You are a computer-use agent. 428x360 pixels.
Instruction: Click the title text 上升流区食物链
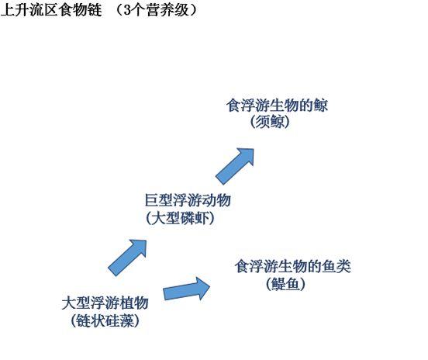pyautogui.click(x=51, y=10)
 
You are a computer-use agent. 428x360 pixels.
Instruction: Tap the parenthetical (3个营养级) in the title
pyautogui.click(x=156, y=10)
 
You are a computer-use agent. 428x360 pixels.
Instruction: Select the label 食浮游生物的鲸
pyautogui.click(x=277, y=106)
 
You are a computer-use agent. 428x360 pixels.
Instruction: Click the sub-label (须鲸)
pyautogui.click(x=270, y=122)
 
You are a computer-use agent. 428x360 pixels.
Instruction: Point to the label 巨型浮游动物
pyautogui.click(x=188, y=200)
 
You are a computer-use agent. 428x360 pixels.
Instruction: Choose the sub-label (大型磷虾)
pyautogui.click(x=180, y=218)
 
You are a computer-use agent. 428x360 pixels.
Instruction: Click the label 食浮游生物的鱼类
pyautogui.click(x=292, y=266)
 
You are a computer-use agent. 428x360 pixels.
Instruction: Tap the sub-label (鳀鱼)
pyautogui.click(x=285, y=283)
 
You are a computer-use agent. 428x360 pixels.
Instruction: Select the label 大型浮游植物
pyautogui.click(x=105, y=303)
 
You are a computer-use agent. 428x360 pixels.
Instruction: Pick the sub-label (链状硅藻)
pyautogui.click(x=105, y=320)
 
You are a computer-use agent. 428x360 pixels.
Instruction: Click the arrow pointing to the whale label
pyautogui.click(x=235, y=166)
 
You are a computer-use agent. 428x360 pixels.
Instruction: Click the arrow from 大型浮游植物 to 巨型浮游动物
pyautogui.click(x=127, y=258)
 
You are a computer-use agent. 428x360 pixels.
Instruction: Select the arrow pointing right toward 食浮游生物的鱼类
pyautogui.click(x=187, y=289)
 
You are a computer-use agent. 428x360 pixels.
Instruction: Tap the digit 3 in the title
pyautogui.click(x=127, y=10)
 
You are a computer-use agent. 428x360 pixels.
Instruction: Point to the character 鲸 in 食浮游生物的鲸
pyautogui.click(x=320, y=106)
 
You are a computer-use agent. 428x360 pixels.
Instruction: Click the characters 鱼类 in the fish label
pyautogui.click(x=337, y=266)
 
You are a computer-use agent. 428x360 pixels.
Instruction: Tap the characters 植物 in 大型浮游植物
pyautogui.click(x=134, y=303)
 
